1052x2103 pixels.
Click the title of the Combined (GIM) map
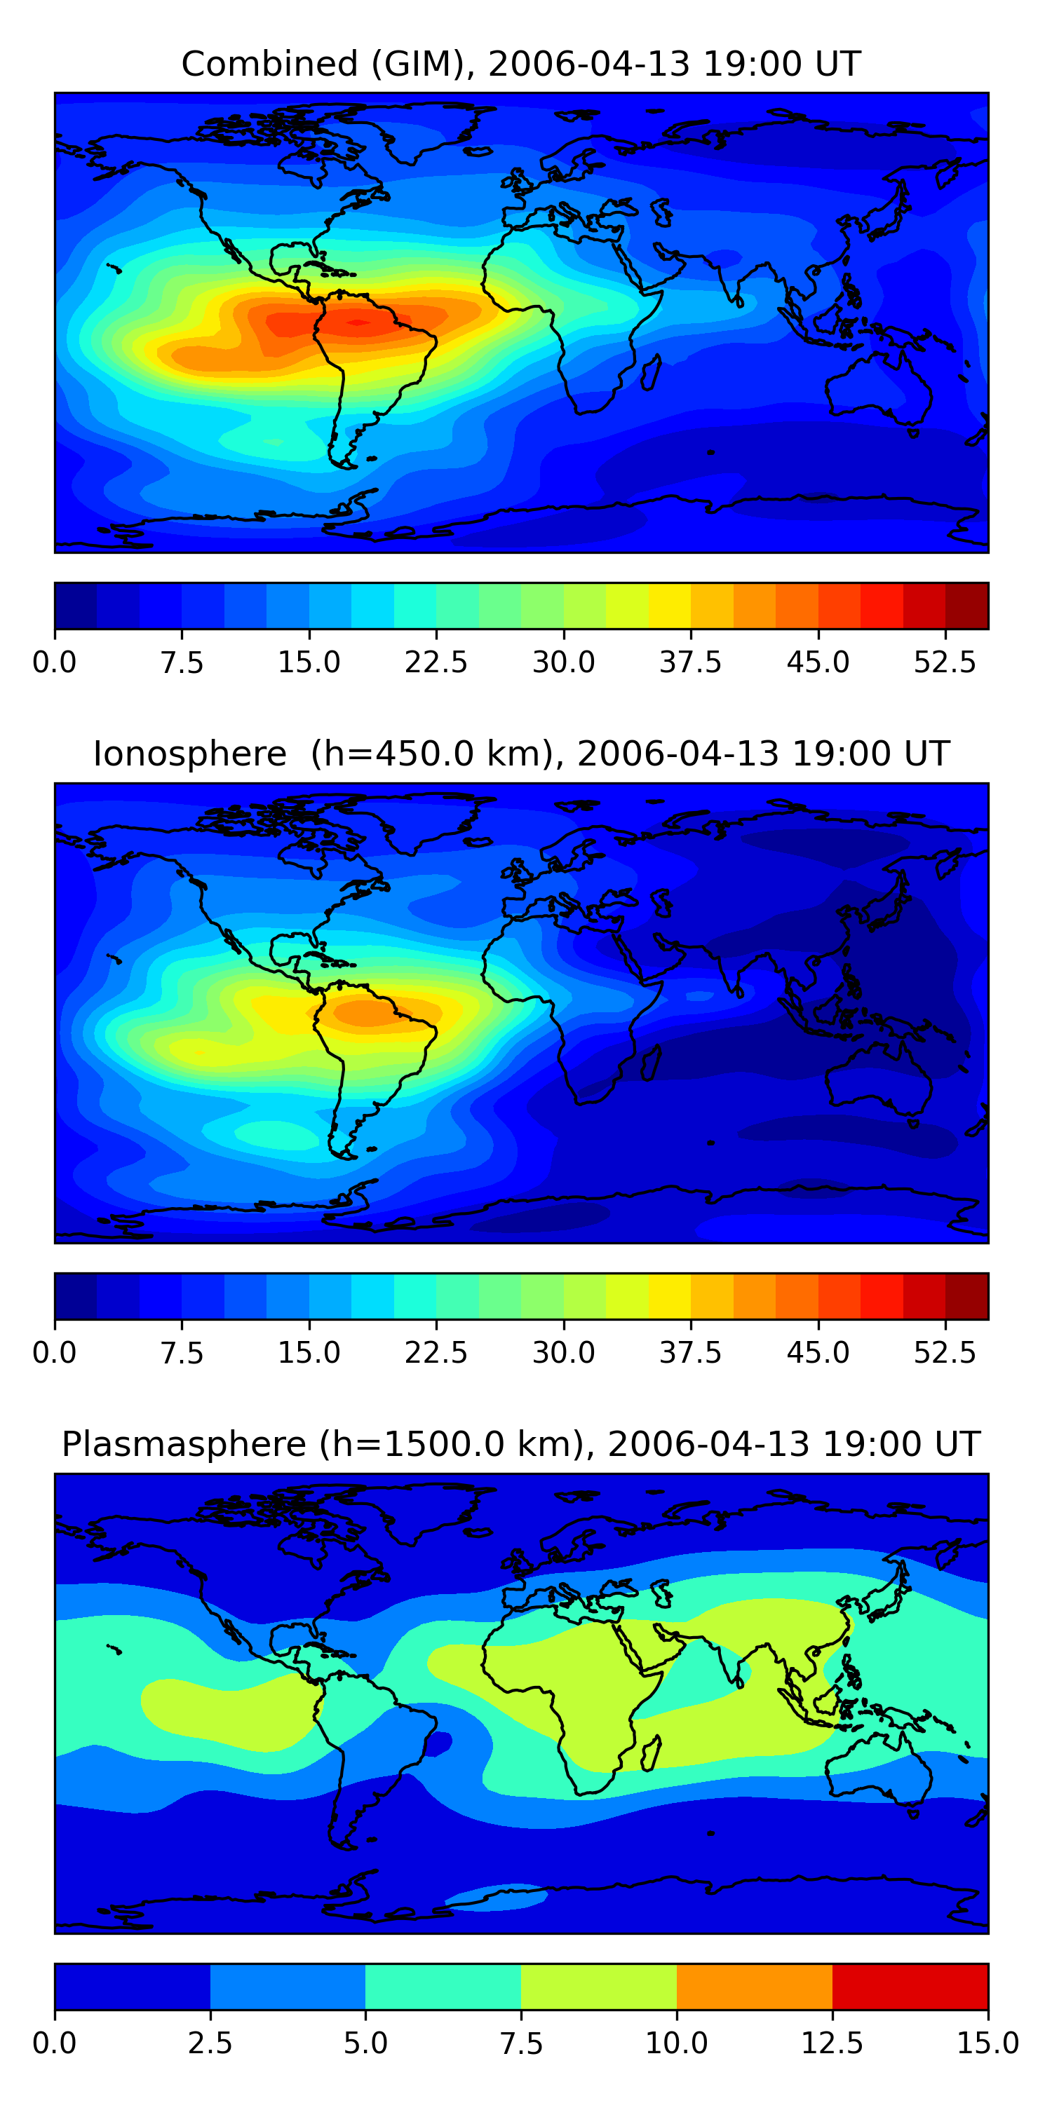(521, 64)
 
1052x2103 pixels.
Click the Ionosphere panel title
(521, 754)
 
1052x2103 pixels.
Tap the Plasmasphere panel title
(521, 1443)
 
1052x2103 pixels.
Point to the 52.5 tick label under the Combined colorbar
(945, 662)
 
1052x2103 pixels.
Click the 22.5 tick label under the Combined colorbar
(436, 662)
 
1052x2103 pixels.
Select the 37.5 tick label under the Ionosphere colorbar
(691, 1353)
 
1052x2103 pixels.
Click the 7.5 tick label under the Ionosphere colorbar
(182, 1353)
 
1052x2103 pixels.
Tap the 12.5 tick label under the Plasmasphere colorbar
(832, 2043)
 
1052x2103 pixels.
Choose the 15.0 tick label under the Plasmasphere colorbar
(987, 2043)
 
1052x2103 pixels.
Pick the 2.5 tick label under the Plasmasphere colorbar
(210, 2043)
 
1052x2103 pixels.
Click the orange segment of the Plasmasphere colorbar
(754, 1986)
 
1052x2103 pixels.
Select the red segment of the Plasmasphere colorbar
(910, 1986)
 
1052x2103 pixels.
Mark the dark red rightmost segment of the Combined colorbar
(967, 606)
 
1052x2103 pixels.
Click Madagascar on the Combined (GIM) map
(650, 372)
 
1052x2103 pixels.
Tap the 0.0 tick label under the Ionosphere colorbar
(55, 1353)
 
